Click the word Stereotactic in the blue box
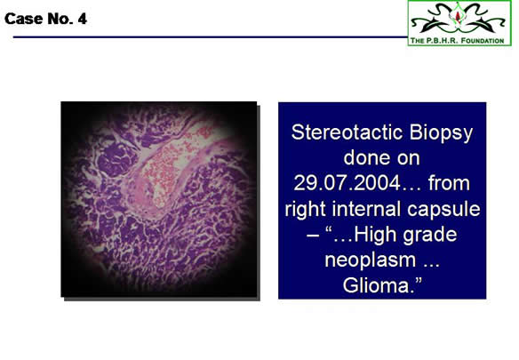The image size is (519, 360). click(x=347, y=132)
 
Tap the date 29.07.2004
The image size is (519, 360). click(x=347, y=183)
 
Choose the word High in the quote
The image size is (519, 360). click(x=375, y=234)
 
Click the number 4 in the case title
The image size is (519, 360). click(x=82, y=19)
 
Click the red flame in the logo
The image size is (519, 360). click(x=458, y=16)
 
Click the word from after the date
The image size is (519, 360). click(x=449, y=183)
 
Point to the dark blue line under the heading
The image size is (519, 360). click(x=211, y=36)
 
